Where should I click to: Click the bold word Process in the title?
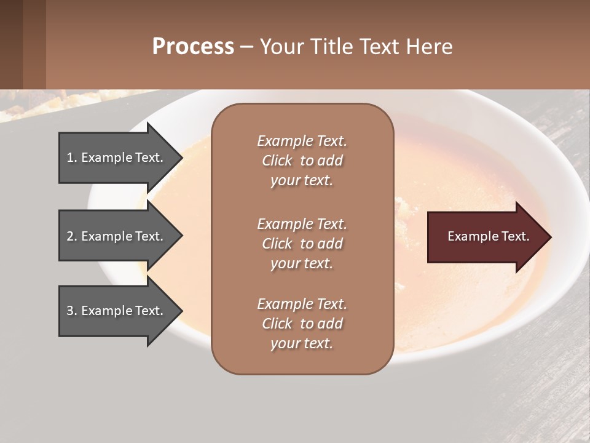[x=193, y=47]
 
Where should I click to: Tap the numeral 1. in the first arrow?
[x=72, y=158]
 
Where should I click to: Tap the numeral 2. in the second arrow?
[x=72, y=236]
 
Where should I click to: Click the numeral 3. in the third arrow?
[x=72, y=311]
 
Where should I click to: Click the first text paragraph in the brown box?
[x=302, y=161]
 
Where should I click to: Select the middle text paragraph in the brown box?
[x=302, y=244]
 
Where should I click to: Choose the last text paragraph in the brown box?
[x=302, y=324]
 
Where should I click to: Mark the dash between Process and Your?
[x=246, y=47]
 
